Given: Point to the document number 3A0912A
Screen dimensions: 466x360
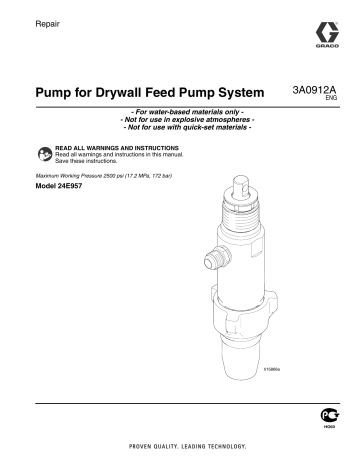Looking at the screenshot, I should (311, 89).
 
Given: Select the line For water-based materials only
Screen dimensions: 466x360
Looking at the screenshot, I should (180, 111).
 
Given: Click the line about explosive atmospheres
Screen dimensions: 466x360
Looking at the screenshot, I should (180, 120).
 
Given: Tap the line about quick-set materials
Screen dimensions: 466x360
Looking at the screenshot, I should (180, 129).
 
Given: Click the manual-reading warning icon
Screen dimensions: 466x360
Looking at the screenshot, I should (43, 153).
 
